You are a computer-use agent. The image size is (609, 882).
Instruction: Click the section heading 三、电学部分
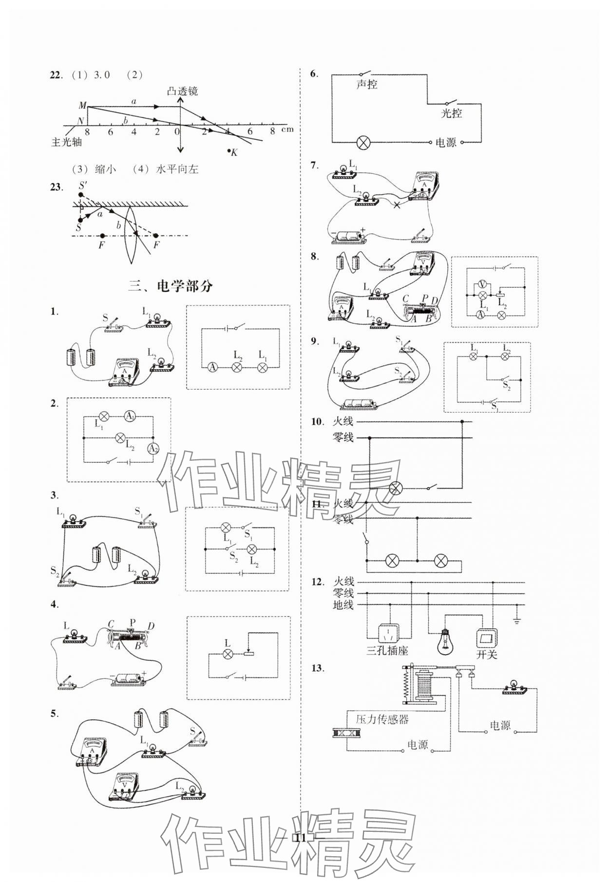point(171,286)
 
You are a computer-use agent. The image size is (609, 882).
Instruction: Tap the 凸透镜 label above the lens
point(182,91)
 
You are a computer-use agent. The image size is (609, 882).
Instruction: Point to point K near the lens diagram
point(229,151)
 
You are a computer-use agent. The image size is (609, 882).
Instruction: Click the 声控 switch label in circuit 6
point(366,84)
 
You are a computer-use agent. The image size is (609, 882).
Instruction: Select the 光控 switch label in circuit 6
point(451,113)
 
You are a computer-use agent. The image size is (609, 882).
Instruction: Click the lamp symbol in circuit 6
point(363,143)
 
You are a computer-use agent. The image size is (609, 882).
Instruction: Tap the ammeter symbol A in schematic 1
point(212,367)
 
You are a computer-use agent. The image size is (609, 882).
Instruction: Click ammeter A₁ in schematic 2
point(130,416)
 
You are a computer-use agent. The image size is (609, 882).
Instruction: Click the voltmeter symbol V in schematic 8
point(482,284)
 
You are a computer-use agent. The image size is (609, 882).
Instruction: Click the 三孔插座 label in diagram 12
point(387,650)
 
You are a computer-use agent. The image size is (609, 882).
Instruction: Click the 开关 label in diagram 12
point(486,654)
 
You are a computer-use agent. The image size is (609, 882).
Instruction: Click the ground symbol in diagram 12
point(517,620)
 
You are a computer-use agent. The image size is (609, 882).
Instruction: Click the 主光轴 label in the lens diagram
point(67,142)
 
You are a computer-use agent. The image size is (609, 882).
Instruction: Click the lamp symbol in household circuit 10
point(396,488)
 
